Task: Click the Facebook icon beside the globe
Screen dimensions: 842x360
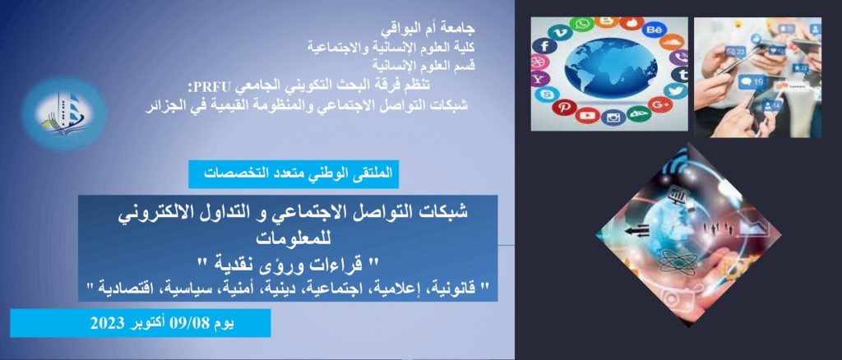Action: [544, 45]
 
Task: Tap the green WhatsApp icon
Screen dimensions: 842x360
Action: [581, 25]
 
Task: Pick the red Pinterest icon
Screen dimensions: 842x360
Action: [564, 107]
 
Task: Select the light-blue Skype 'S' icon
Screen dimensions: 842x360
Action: [544, 95]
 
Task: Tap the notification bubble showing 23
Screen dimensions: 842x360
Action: [734, 52]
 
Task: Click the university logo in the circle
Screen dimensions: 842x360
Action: [64, 113]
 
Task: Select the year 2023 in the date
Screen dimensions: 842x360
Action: [108, 323]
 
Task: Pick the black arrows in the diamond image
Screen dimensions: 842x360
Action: [637, 231]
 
